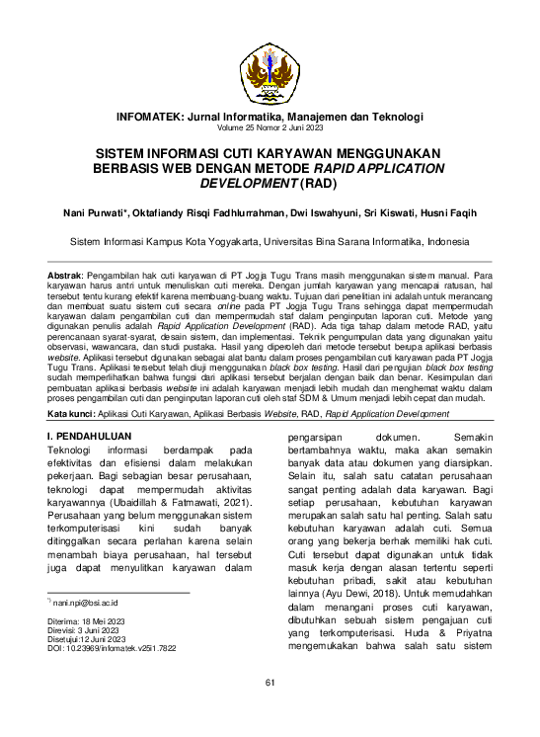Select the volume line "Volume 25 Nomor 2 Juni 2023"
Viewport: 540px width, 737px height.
click(270, 128)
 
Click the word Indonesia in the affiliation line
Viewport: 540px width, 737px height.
click(440, 240)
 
